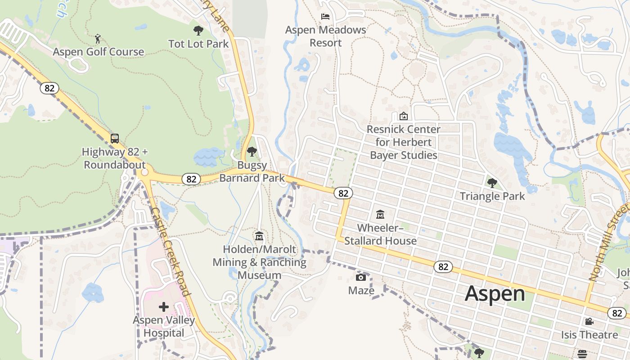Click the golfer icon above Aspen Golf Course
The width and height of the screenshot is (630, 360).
[x=98, y=39]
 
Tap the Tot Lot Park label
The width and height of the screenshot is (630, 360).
[x=198, y=44]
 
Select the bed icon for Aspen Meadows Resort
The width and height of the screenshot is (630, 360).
[x=325, y=17]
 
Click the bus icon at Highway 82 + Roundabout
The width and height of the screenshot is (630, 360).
[x=115, y=138]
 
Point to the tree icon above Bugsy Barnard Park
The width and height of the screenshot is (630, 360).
[x=252, y=152]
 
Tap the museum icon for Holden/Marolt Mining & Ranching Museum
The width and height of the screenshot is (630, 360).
[x=259, y=236]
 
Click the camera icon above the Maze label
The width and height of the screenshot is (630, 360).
[x=361, y=277]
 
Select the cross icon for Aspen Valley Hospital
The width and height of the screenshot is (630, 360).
[x=164, y=307]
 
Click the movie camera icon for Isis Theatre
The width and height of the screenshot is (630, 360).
[x=589, y=321]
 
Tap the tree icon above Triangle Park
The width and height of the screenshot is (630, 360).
[x=492, y=183]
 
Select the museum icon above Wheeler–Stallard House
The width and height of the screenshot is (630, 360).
[x=380, y=214]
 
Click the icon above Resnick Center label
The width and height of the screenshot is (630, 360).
[x=404, y=116]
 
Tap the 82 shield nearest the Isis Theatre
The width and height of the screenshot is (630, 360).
[x=616, y=313]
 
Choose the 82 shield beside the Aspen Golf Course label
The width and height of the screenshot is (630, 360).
[x=49, y=88]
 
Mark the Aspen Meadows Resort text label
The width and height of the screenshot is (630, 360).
[x=326, y=36]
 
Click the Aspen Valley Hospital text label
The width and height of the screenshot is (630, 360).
[x=164, y=327]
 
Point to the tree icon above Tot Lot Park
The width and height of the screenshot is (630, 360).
[x=198, y=31]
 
